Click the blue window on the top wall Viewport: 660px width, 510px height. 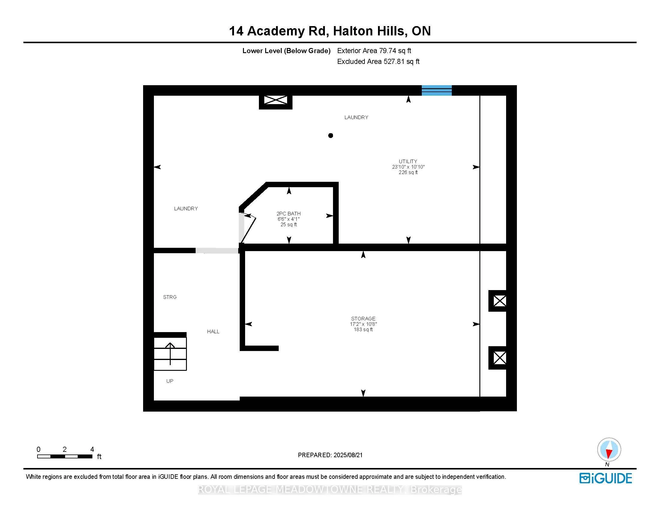point(436,90)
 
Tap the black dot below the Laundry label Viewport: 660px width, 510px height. point(331,136)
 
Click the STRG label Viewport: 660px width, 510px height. point(170,297)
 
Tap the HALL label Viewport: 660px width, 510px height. point(213,331)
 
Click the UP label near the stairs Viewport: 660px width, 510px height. point(170,381)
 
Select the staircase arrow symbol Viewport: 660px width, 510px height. point(170,353)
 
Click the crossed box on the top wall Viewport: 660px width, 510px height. point(276,100)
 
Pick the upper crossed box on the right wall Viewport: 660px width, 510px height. point(499,301)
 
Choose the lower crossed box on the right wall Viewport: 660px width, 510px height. point(499,358)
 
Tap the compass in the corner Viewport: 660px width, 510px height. point(609,450)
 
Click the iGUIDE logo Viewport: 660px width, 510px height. point(606,478)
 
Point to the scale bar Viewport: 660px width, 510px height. point(65,456)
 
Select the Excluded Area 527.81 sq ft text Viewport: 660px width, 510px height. point(378,61)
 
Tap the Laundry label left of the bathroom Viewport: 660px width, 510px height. point(186,208)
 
